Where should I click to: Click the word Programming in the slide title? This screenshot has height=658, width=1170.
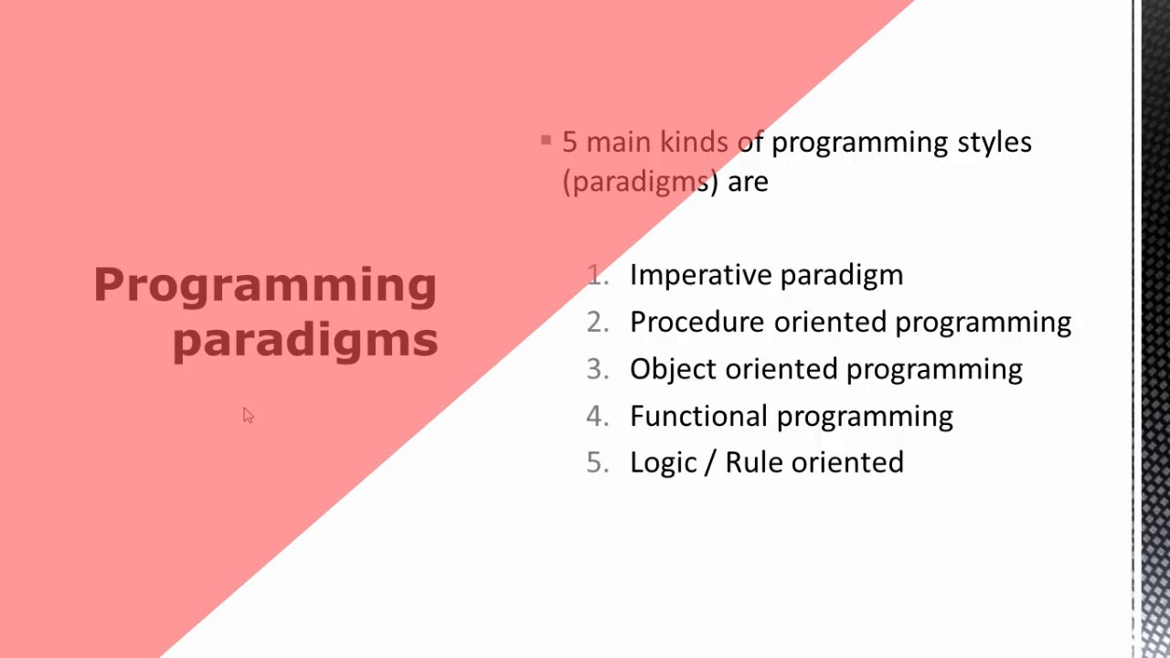pyautogui.click(x=265, y=285)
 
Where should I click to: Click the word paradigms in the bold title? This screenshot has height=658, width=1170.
pyautogui.click(x=305, y=340)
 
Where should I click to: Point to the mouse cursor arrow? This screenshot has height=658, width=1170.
pyautogui.click(x=248, y=415)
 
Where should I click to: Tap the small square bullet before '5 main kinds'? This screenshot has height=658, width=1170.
pyautogui.click(x=546, y=141)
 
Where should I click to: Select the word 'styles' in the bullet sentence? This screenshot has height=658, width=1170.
pyautogui.click(x=993, y=143)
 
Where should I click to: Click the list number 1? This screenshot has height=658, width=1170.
pyautogui.click(x=598, y=275)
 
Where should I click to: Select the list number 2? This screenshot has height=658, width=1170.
pyautogui.click(x=598, y=323)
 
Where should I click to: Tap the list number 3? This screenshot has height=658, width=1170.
pyautogui.click(x=598, y=369)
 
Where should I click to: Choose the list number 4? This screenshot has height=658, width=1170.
pyautogui.click(x=598, y=417)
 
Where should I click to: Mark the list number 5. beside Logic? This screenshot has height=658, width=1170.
pyautogui.click(x=598, y=463)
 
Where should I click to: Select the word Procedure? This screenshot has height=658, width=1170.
pyautogui.click(x=697, y=323)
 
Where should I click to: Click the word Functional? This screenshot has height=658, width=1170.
pyautogui.click(x=699, y=417)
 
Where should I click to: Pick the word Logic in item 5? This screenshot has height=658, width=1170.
pyautogui.click(x=663, y=463)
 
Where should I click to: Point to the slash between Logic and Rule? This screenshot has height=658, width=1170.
pyautogui.click(x=709, y=463)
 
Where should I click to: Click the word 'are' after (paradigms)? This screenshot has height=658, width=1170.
pyautogui.click(x=748, y=182)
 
